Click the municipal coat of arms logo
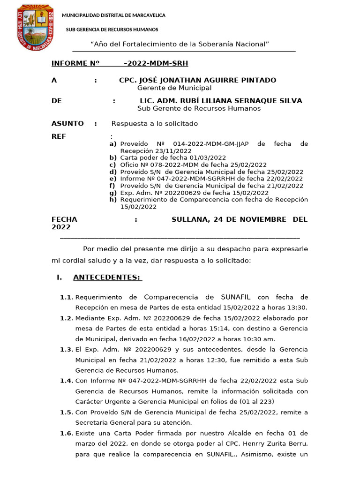point(35,28)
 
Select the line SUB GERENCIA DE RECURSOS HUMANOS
point(112,30)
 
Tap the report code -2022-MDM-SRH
point(156,63)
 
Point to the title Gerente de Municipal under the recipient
point(174,88)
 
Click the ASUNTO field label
point(67,123)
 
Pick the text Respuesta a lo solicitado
point(155,124)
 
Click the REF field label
point(59,136)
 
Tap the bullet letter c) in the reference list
point(112,165)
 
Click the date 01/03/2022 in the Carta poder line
point(209,158)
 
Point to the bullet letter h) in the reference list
point(112,200)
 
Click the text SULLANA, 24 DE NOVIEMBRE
point(229,219)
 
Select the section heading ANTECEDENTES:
point(107,277)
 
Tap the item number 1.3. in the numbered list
point(67,350)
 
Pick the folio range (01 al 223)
point(249,402)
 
